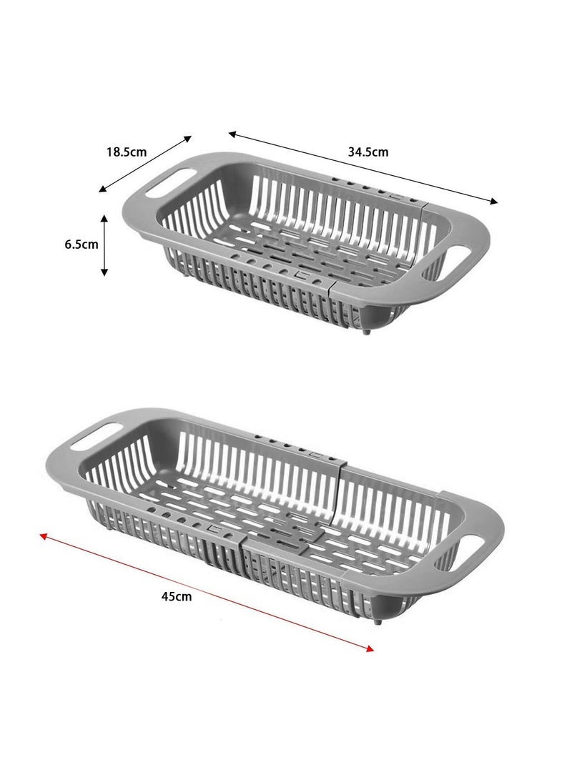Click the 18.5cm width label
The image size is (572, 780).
[127, 152]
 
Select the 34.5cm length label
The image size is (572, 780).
[368, 152]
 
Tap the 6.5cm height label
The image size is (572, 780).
[82, 244]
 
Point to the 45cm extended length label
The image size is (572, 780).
[177, 596]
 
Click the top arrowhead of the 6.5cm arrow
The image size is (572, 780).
[104, 216]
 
